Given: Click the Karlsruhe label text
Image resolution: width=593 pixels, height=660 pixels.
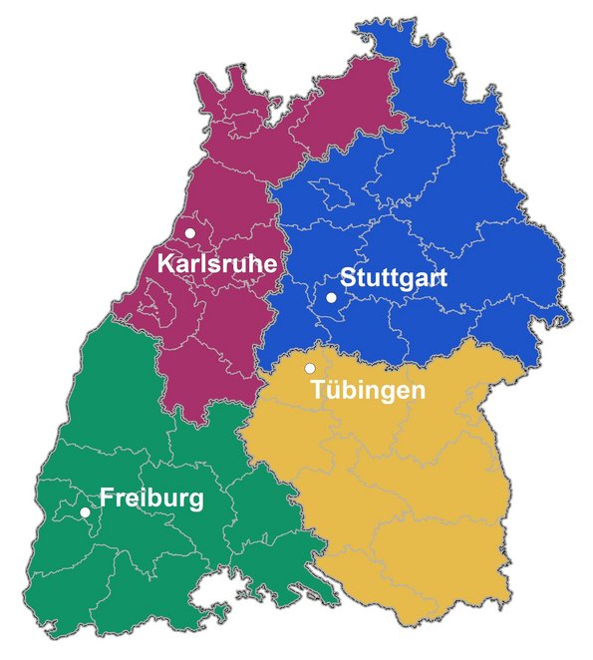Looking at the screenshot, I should [216, 263].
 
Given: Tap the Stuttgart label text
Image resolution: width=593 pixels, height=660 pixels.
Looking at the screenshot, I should [394, 278].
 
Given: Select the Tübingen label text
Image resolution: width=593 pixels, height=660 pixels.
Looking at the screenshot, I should [368, 390].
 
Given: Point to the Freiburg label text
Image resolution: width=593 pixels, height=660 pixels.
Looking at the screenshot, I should [151, 497].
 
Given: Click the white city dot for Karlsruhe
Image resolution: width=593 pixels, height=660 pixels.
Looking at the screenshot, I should [189, 233].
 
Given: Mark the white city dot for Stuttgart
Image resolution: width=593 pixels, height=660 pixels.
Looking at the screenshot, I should [331, 297].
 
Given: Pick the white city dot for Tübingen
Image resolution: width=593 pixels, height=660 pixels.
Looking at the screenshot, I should [310, 369].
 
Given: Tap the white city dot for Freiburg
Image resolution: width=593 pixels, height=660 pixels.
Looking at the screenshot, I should [85, 512].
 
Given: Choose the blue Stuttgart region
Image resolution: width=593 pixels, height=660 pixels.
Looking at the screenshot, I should [429, 199].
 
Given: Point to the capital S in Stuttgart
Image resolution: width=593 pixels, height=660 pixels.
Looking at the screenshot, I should [348, 278].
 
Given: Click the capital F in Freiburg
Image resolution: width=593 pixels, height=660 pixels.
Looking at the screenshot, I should [108, 497].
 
